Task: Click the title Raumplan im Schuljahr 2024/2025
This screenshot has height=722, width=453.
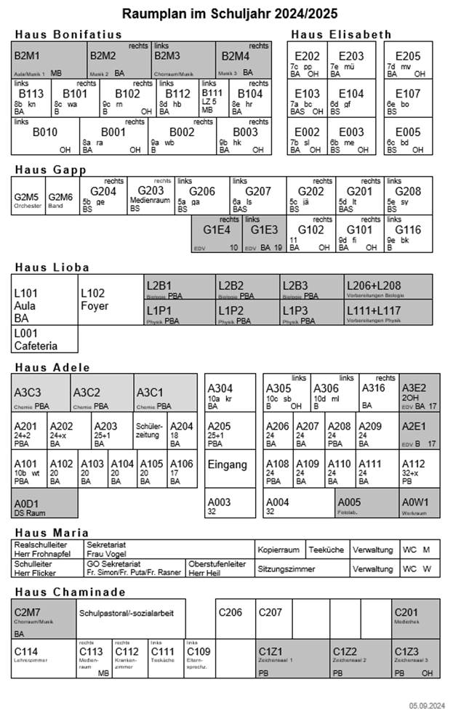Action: coord(230,14)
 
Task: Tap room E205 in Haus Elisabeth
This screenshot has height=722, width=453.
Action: coord(408,60)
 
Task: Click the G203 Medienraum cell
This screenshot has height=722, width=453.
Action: coord(151,195)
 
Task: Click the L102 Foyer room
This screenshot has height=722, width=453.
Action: coord(109,300)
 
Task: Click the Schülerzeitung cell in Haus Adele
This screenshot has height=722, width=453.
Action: coord(150,430)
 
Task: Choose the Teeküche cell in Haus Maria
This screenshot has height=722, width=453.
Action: coord(326,550)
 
